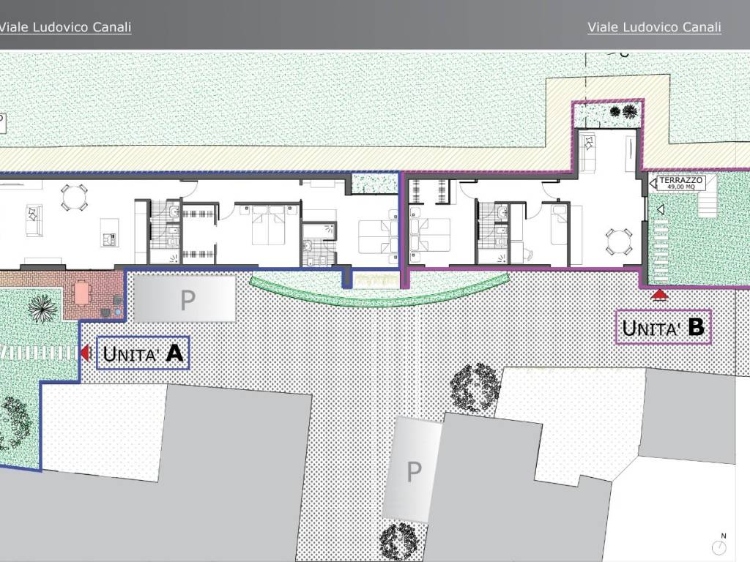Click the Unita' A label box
pos(143,353)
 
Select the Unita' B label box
pos(664,327)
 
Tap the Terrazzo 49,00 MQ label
pos(681,182)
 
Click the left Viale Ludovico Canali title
pos(65,27)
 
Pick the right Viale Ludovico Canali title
pos(654,27)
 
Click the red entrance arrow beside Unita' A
pos(85,353)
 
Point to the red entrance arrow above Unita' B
pos(660,294)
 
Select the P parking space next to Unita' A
pos(185,299)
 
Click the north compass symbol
pos(719,544)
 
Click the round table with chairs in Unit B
pos(619,241)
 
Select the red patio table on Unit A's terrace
pos(82,293)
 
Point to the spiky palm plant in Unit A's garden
pos(42,308)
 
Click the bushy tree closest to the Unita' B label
pos(475,387)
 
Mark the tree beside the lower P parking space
pos(399,542)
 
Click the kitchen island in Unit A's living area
pos(109,233)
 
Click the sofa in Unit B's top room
pos(587,152)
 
